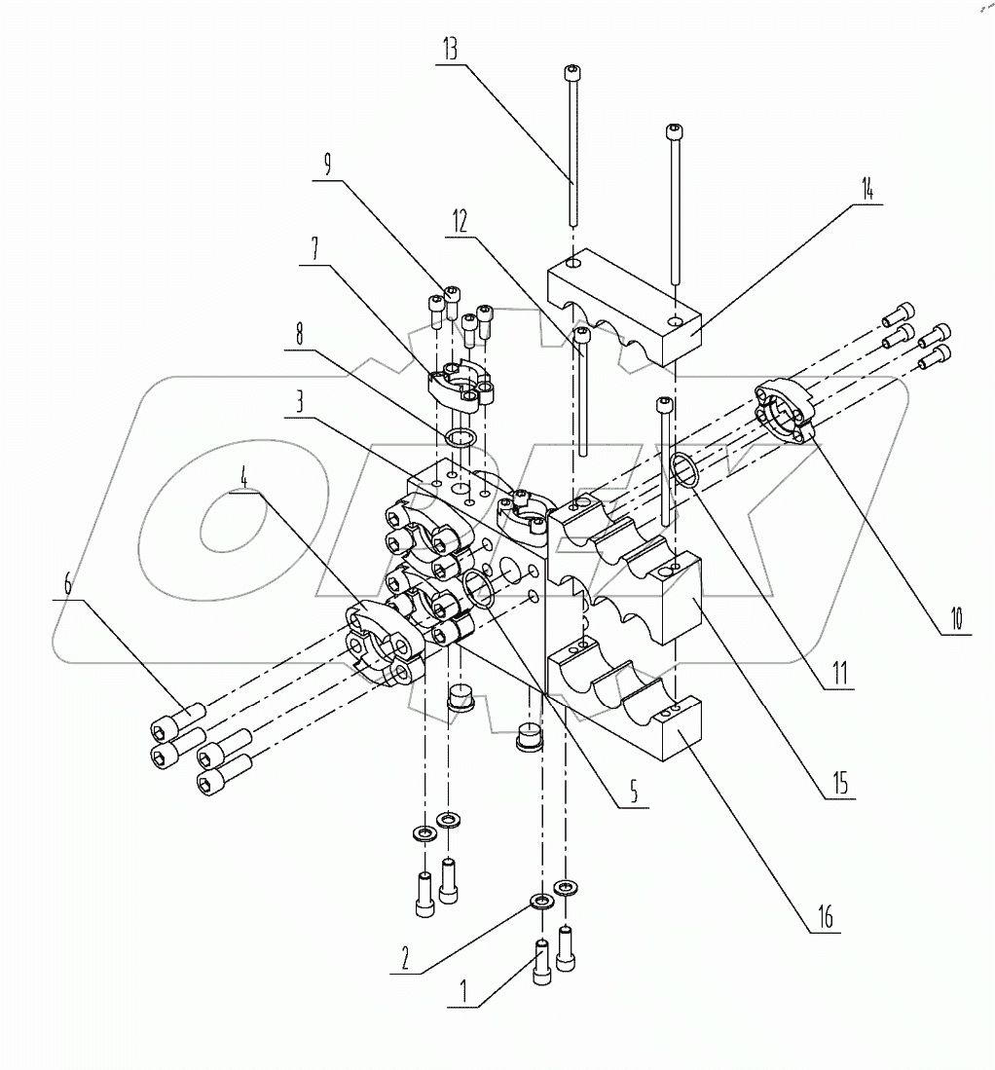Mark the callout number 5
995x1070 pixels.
(633, 793)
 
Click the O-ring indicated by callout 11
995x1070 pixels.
(684, 470)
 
